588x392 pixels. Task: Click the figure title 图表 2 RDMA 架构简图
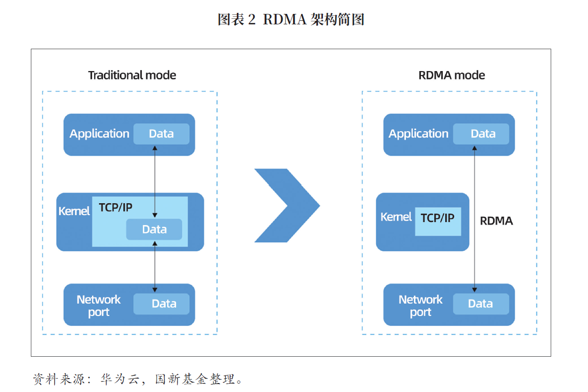click(x=291, y=19)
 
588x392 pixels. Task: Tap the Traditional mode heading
click(x=132, y=75)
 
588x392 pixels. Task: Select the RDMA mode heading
click(x=452, y=75)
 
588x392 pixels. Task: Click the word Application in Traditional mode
click(x=99, y=134)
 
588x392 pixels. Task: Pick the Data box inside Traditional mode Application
click(x=161, y=134)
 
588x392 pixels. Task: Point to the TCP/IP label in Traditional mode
click(x=115, y=207)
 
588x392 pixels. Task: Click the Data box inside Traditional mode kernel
click(x=154, y=229)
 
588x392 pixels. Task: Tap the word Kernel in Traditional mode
click(x=74, y=211)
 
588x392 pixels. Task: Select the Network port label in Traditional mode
click(x=98, y=306)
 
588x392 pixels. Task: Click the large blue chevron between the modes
click(x=287, y=205)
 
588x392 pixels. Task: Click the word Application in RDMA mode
click(x=418, y=134)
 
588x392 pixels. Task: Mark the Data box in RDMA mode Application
click(x=481, y=134)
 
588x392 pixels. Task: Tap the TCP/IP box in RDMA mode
click(x=438, y=221)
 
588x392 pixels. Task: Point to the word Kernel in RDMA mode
click(x=396, y=217)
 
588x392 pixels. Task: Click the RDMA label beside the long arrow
click(x=496, y=221)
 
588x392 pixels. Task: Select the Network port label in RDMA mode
click(x=420, y=306)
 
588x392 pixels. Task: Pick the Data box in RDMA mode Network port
click(x=481, y=304)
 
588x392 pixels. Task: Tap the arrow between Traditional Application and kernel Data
click(x=155, y=182)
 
